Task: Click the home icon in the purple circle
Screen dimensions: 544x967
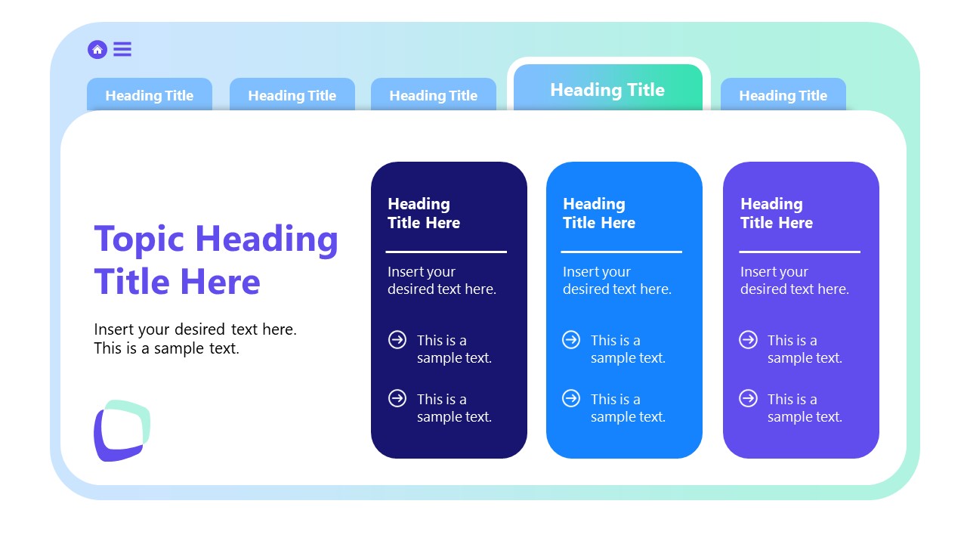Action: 97,50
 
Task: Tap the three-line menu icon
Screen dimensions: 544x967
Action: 122,50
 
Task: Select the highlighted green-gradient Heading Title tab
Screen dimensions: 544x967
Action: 607,90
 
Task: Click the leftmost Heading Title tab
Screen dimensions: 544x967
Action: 150,96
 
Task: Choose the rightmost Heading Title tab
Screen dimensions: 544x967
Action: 783,96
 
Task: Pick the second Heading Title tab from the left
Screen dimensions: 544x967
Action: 292,96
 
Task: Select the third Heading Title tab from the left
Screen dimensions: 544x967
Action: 434,96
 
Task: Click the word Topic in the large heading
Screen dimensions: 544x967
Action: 139,239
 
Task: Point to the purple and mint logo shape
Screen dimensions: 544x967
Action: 122,430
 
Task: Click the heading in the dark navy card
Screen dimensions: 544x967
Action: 423,213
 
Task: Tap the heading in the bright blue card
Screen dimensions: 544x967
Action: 598,213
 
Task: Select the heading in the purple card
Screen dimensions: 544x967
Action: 776,213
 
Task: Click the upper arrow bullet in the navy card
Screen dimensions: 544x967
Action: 397,340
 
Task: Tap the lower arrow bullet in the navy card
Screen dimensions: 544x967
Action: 397,398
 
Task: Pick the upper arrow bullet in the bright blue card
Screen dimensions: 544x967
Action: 571,340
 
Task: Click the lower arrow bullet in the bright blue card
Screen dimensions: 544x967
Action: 571,398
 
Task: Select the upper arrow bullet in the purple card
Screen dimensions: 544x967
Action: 748,340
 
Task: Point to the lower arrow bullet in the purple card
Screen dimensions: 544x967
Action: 748,398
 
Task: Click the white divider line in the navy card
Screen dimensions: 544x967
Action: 446,252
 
